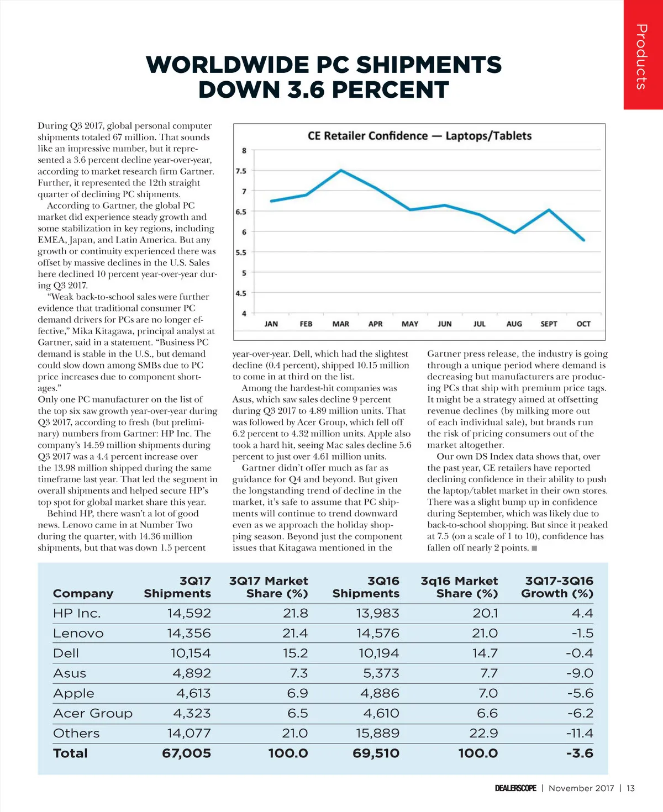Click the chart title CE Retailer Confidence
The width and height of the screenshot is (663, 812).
click(419, 136)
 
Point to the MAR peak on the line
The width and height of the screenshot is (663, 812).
click(341, 170)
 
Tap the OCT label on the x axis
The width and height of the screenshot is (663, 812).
click(583, 324)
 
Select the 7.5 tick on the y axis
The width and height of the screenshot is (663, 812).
click(241, 171)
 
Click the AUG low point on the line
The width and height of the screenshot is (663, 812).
click(514, 233)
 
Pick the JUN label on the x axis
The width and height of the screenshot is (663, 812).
click(444, 324)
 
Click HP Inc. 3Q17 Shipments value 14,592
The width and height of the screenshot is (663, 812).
click(189, 613)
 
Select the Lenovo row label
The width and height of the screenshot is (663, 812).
click(78, 633)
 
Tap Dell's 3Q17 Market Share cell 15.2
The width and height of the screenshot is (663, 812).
click(295, 653)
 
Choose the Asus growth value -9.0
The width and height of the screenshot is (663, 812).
click(580, 673)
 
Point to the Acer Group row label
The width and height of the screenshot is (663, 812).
click(93, 713)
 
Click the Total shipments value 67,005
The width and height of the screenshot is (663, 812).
click(186, 753)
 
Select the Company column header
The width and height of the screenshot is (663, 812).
click(83, 593)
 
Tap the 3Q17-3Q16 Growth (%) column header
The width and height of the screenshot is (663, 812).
click(557, 587)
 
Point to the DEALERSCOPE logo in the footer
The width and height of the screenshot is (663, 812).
click(515, 788)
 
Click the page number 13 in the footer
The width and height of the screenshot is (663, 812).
click(630, 788)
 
